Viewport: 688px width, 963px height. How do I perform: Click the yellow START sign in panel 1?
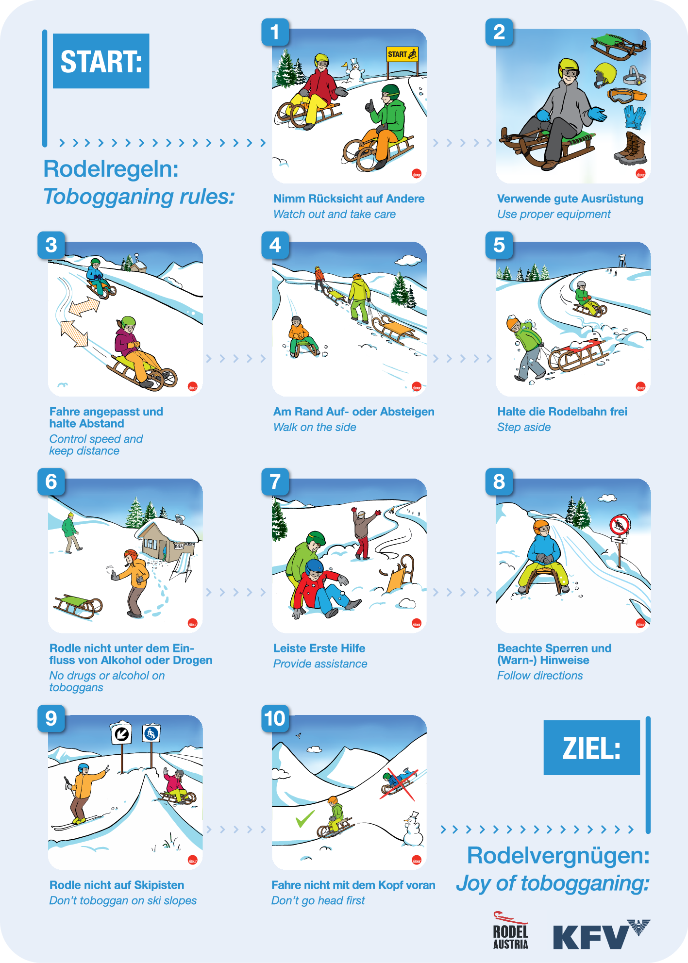(x=402, y=54)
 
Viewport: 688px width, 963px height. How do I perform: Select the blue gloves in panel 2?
(x=635, y=116)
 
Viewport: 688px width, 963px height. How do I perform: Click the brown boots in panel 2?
(x=631, y=148)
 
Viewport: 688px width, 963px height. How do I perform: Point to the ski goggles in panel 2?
(x=627, y=95)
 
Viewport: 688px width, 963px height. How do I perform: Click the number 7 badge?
(x=275, y=481)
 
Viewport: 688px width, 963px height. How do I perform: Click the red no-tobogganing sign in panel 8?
(x=620, y=525)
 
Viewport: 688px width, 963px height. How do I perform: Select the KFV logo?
(x=602, y=934)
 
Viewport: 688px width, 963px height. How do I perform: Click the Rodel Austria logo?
(x=510, y=930)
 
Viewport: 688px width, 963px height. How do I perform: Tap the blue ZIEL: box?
(x=591, y=747)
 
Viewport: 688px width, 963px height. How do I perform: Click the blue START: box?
(x=101, y=61)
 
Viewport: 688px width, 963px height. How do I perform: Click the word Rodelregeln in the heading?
(x=111, y=169)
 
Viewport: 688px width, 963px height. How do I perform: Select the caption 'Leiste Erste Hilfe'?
(x=319, y=648)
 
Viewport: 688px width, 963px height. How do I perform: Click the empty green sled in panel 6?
(x=78, y=606)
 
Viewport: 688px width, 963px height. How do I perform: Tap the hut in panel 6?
(x=165, y=539)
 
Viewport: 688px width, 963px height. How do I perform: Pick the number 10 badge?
(x=275, y=718)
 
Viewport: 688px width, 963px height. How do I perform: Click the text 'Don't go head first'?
(x=318, y=900)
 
